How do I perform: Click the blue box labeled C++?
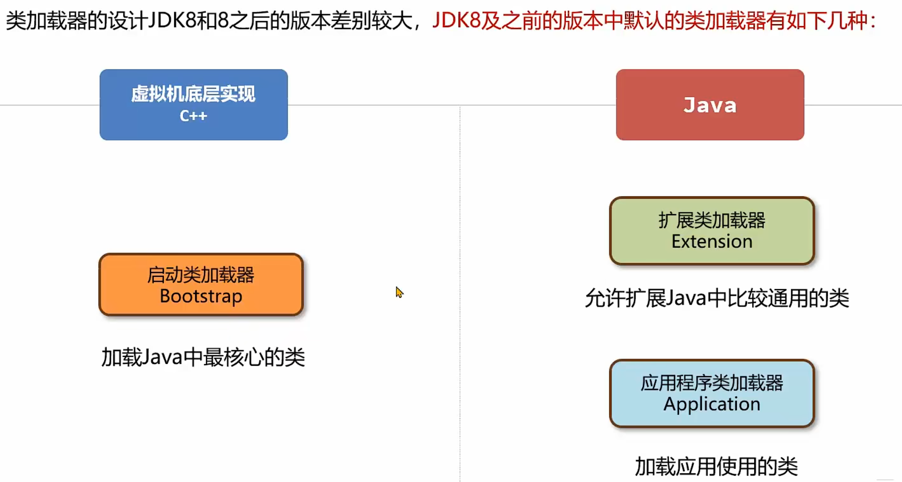[194, 104]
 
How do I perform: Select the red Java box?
[710, 104]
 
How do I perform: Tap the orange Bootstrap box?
[201, 285]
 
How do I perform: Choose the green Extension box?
[712, 231]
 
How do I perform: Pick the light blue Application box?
[712, 394]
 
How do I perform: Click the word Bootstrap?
[201, 296]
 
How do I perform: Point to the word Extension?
[712, 241]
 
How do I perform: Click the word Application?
[712, 404]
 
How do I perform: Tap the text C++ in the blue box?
[194, 116]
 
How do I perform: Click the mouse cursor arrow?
[399, 292]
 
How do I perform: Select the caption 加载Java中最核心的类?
[203, 358]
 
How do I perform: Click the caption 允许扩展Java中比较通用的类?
[717, 298]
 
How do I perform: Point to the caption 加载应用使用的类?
[716, 466]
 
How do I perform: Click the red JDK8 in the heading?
[456, 21]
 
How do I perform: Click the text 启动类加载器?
[201, 275]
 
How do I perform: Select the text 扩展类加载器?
[712, 220]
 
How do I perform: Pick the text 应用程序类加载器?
[712, 383]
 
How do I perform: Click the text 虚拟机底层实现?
[193, 94]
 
